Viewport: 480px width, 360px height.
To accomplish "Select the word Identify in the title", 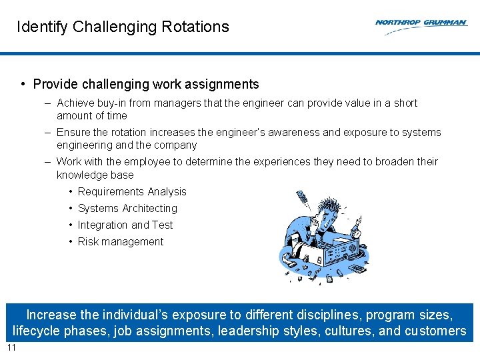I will [42, 27].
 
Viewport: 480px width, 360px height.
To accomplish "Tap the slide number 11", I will [11, 348].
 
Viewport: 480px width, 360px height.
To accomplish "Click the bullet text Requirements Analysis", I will [132, 192].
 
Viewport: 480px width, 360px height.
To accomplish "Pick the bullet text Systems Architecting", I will [127, 209].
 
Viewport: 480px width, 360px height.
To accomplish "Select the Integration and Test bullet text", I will [125, 225].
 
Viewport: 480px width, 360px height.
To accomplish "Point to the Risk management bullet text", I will [121, 242].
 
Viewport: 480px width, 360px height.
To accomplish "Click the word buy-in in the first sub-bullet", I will [113, 103].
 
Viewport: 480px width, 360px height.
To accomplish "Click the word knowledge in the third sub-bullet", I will [79, 175].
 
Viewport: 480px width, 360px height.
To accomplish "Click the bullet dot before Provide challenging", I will [23, 85].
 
